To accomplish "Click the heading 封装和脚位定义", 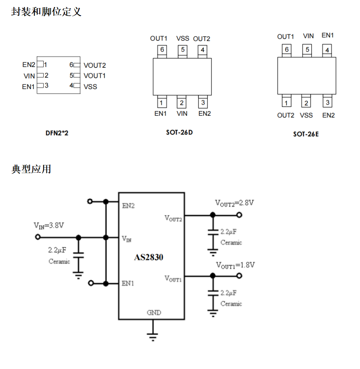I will click(46, 12).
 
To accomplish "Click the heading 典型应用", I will click(31, 169).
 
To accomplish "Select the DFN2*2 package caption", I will click(57, 133).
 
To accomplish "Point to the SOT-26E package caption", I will click(306, 134).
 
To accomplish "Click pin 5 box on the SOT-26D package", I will click(182, 50).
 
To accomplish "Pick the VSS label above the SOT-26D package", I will click(183, 38).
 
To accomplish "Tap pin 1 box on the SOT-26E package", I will click(286, 103).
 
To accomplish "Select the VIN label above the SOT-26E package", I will click(308, 36).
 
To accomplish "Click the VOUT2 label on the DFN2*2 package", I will click(94, 65).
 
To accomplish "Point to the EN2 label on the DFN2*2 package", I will click(29, 65).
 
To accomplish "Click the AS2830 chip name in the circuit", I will click(148, 257).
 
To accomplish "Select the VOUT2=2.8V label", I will click(234, 203).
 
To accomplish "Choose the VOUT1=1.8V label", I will click(235, 265).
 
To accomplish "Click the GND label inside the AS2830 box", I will click(154, 312).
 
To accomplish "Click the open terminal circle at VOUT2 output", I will click(239, 215).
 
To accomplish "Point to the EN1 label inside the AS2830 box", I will click(128, 283).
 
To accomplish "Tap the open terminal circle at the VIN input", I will click(38, 237).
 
